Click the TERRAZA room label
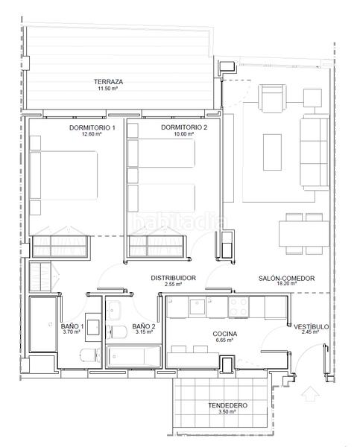click(108, 82)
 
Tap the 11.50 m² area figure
click(108, 89)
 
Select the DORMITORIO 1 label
click(92, 127)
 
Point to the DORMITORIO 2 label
click(184, 127)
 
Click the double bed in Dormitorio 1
click(63, 175)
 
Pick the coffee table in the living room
click(272, 152)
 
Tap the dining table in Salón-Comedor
click(304, 234)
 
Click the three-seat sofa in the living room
click(315, 152)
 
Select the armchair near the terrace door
click(272, 98)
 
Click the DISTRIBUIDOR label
click(173, 278)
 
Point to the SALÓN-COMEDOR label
click(286, 278)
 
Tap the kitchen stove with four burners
click(239, 307)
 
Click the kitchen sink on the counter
click(197, 306)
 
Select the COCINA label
click(225, 334)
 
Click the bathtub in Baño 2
click(133, 356)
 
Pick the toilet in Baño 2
click(117, 332)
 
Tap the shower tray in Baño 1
click(43, 324)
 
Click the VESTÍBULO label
click(311, 327)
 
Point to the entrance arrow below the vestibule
click(310, 393)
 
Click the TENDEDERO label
click(227, 405)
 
